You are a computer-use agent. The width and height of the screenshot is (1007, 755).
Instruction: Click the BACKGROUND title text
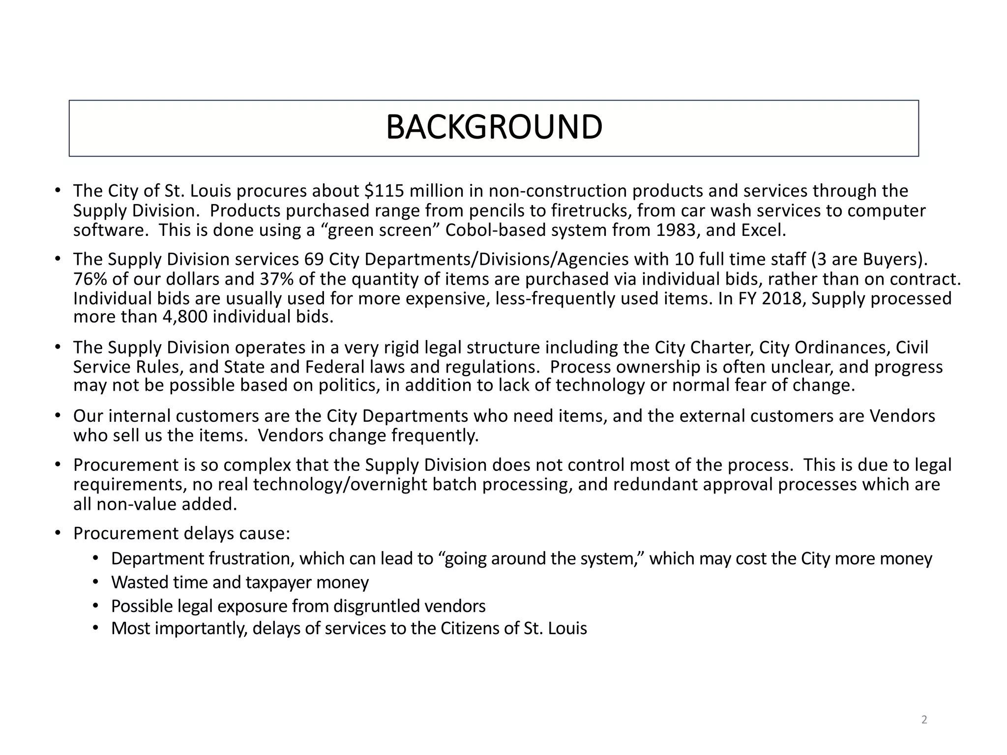(x=494, y=127)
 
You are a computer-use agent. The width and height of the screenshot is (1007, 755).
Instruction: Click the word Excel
(x=763, y=230)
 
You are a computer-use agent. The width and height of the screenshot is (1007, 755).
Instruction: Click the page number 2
(x=924, y=720)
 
